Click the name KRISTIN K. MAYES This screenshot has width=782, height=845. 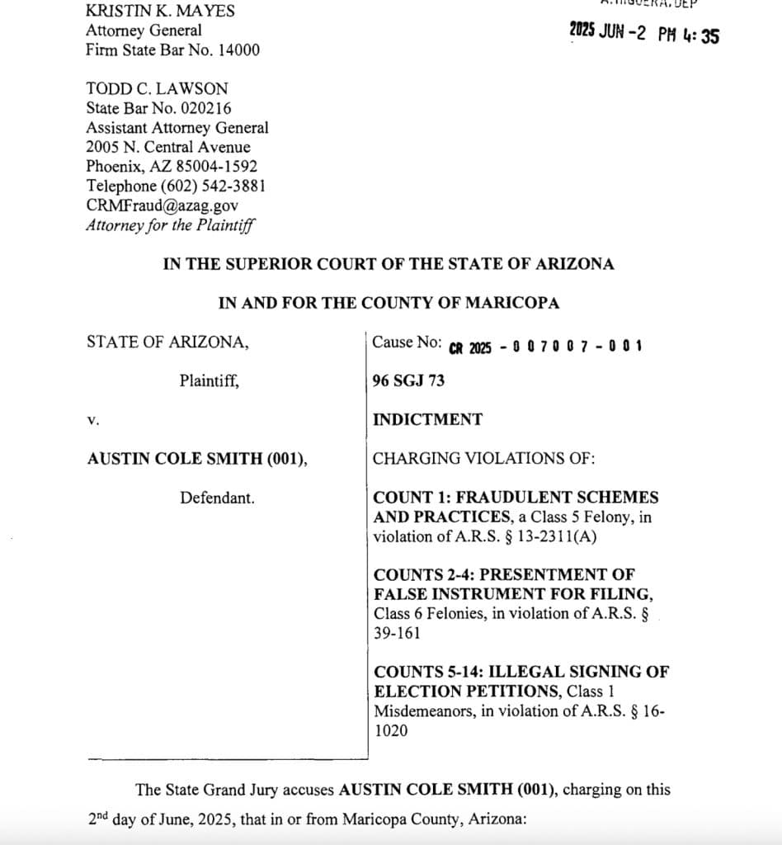point(160,11)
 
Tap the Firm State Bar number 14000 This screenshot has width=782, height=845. point(239,50)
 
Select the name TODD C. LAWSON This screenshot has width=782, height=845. point(157,88)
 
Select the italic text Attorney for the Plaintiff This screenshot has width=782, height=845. point(170,224)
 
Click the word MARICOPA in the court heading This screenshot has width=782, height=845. point(511,303)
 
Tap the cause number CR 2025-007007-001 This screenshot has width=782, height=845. point(545,346)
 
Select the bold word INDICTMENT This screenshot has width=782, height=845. point(427,419)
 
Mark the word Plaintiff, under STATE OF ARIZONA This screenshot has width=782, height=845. point(210,381)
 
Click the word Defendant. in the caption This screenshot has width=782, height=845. point(217,498)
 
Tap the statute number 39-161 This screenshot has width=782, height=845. point(397,633)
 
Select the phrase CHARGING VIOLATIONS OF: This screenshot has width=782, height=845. point(483,459)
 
